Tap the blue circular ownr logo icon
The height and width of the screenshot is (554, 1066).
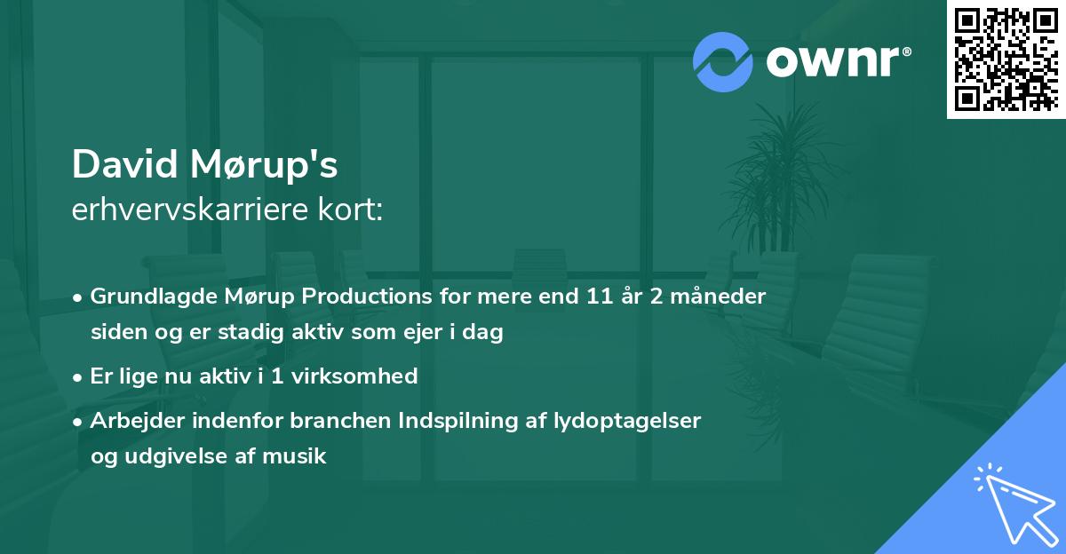722,62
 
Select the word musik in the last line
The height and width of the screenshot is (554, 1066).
299,457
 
